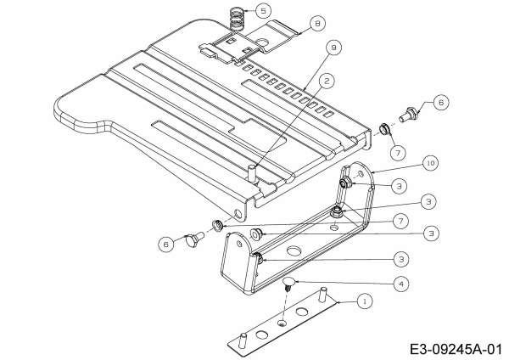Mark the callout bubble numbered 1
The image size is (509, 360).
[x=364, y=301]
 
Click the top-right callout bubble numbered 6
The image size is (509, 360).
[x=440, y=102]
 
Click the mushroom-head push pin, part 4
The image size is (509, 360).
[x=290, y=283]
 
